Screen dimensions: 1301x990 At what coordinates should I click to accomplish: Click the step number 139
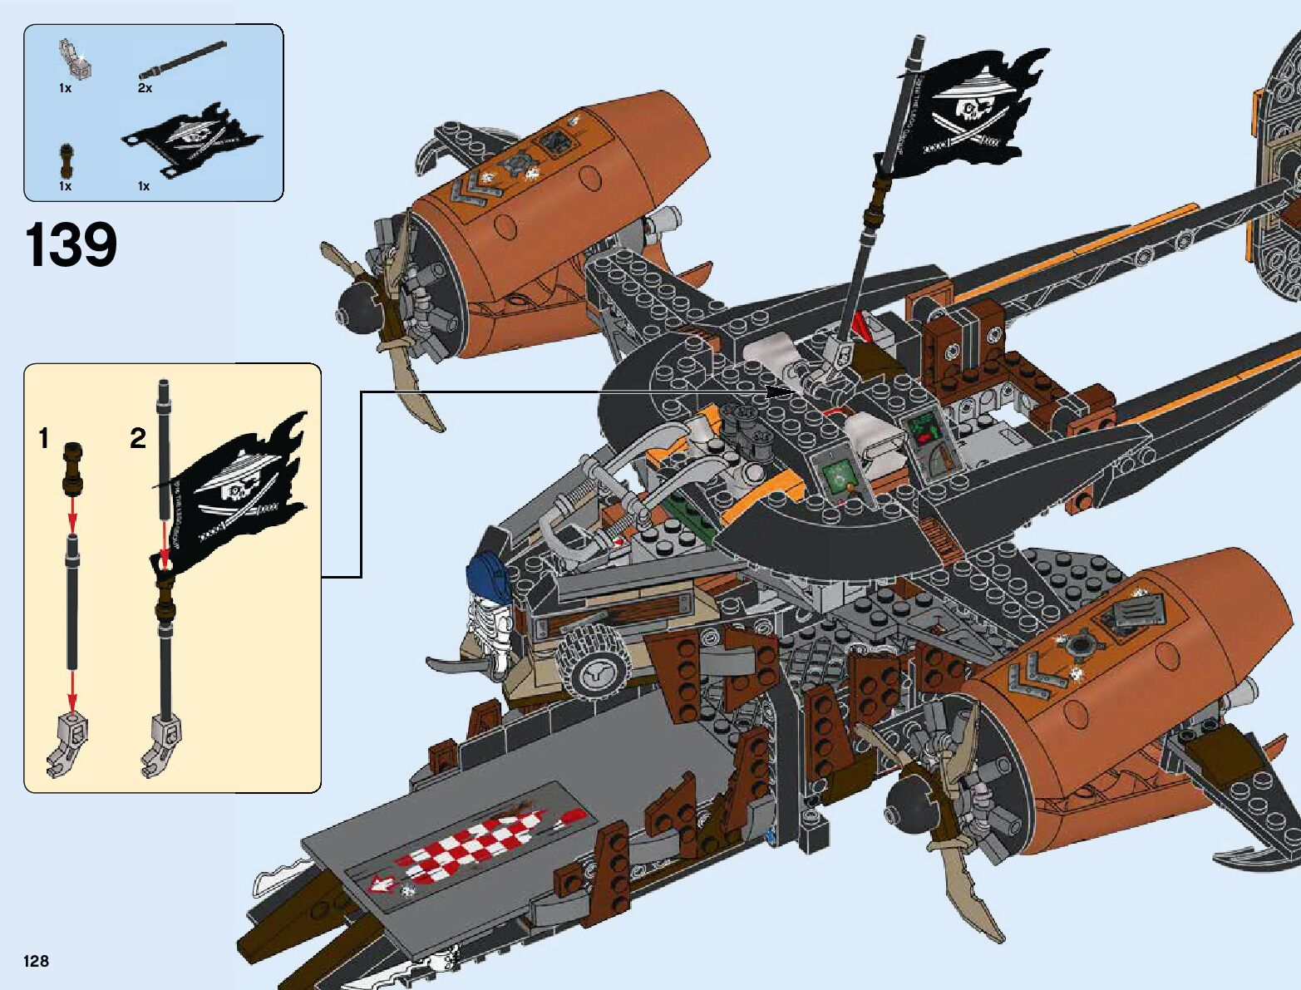coord(71,246)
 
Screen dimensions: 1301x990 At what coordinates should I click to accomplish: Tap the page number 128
coord(37,961)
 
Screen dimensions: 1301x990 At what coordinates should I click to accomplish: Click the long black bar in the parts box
coord(183,59)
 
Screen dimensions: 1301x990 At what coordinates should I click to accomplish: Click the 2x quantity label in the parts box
coord(145,87)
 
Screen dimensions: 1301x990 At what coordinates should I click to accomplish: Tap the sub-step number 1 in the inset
coord(44,438)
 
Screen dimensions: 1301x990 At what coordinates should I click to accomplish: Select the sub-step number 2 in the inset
coord(138,438)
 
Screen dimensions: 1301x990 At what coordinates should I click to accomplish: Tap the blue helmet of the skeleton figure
coord(490,574)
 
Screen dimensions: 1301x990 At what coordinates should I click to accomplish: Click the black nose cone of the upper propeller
coord(359,307)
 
